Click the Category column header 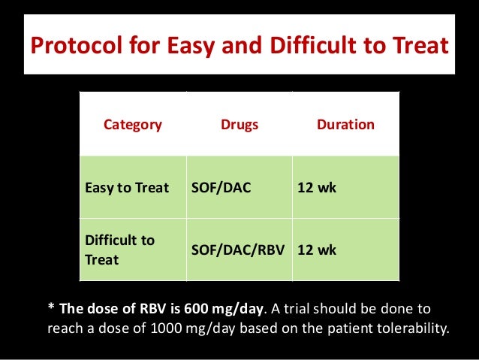pos(132,125)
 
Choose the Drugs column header pos(239,125)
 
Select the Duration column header pos(345,125)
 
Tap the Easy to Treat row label pos(127,187)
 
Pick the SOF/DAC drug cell pos(221,187)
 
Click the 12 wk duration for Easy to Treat pos(318,187)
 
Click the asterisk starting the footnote pos(51,310)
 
